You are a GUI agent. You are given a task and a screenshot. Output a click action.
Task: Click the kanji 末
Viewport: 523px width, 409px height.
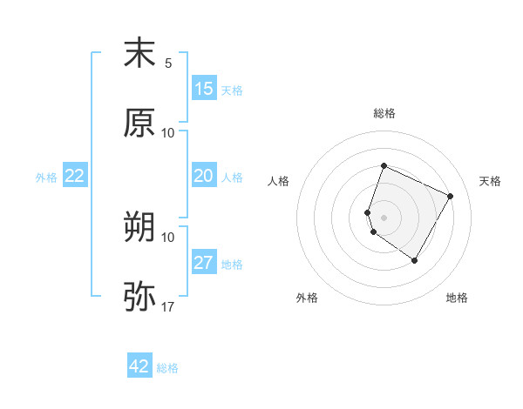(x=139, y=53)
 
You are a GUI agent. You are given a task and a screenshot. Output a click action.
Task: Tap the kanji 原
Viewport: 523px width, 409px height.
(x=139, y=123)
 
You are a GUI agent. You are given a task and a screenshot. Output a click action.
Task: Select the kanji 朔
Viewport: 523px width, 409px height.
(x=139, y=228)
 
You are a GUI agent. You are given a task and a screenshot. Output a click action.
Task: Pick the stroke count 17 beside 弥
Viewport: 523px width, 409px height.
(x=168, y=306)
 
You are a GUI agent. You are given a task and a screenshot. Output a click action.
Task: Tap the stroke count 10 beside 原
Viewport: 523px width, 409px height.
(x=168, y=132)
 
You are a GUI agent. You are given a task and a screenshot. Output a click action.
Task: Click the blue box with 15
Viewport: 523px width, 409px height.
(x=204, y=89)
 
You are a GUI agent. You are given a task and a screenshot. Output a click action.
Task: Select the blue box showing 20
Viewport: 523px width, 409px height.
(x=204, y=176)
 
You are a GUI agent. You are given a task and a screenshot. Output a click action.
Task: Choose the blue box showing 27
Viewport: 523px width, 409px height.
(x=204, y=263)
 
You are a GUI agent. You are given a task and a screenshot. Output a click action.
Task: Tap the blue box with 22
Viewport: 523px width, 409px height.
(x=75, y=176)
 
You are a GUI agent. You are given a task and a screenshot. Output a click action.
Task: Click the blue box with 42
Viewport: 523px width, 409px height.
(x=139, y=366)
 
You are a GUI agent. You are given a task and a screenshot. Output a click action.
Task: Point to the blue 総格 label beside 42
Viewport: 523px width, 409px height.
(x=167, y=368)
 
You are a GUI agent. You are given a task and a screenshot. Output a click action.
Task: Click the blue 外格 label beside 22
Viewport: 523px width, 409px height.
(x=46, y=178)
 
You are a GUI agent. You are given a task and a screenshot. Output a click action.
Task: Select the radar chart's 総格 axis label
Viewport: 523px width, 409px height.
(x=384, y=113)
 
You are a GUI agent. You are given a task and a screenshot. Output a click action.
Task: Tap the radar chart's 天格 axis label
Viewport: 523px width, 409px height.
(x=490, y=181)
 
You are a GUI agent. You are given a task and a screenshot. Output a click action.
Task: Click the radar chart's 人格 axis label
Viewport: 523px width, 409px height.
(x=278, y=181)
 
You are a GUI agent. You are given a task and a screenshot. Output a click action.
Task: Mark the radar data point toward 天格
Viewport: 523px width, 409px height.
(x=451, y=196)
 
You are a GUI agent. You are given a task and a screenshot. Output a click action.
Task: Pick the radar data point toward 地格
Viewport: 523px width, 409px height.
(x=415, y=260)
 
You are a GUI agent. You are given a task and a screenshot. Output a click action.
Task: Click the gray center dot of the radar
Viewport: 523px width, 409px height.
(x=384, y=217)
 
